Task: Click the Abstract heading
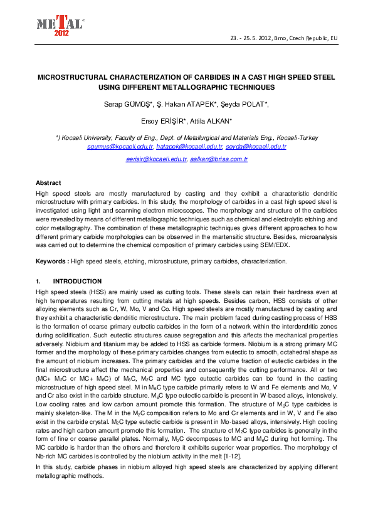click(48, 183)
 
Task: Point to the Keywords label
click(52, 260)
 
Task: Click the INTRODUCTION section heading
click(77, 282)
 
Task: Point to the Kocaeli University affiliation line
click(187, 137)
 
